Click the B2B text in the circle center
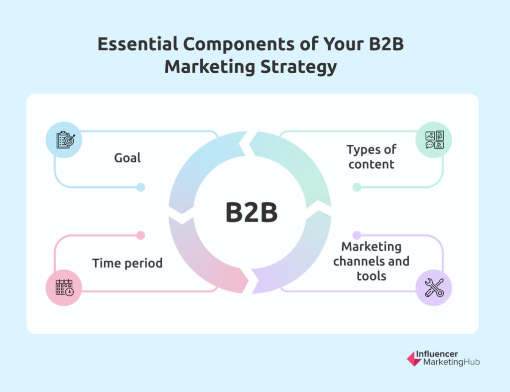(252, 212)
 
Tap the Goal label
(127, 158)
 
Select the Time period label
(127, 263)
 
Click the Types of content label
(372, 157)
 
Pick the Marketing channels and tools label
(371, 261)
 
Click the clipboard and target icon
(66, 140)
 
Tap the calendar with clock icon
(64, 287)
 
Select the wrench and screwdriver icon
(434, 287)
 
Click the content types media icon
(434, 140)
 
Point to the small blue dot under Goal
(140, 187)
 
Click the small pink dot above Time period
(140, 235)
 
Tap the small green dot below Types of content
(357, 187)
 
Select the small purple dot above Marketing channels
(357, 235)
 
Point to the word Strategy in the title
(299, 67)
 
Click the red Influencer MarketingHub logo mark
(414, 359)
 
